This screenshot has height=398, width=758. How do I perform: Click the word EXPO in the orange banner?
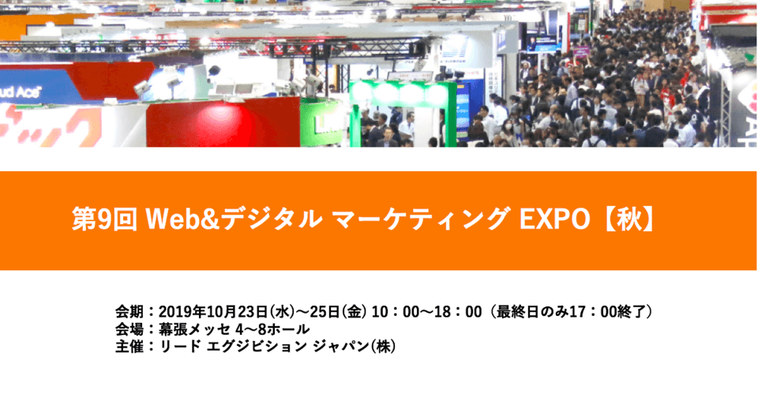[554, 220]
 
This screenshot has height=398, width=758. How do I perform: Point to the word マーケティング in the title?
[421, 220]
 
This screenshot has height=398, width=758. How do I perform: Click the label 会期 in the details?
[129, 312]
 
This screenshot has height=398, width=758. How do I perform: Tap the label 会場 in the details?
[129, 329]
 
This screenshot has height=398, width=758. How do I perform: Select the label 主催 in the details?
[129, 347]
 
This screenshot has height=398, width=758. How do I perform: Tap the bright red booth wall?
[223, 122]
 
